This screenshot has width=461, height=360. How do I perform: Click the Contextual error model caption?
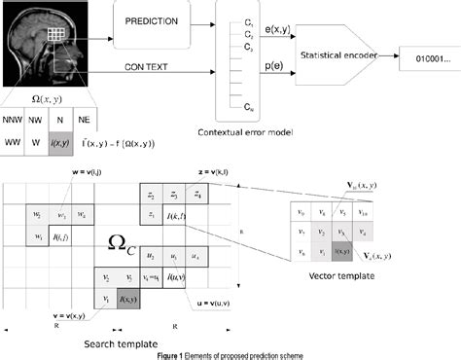249,130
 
